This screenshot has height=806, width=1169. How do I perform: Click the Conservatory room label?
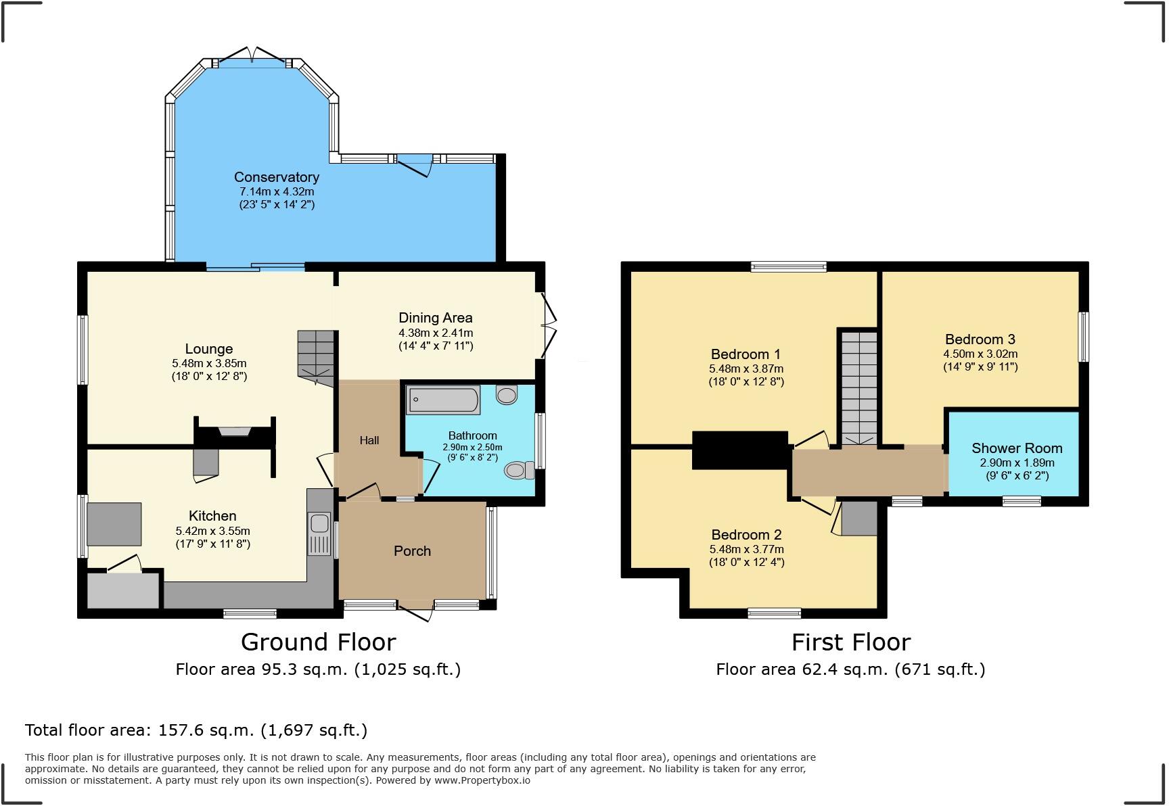pos(276,177)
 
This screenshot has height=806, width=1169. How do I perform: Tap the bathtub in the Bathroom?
pos(443,400)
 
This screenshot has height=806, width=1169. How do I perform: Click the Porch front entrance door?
pos(415,608)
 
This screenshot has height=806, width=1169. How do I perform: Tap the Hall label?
pos(369,440)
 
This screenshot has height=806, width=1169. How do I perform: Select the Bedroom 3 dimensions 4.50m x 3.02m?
pos(980,354)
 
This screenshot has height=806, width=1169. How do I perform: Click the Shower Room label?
pos(1016,448)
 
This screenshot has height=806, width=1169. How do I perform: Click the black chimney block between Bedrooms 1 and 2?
pos(740,450)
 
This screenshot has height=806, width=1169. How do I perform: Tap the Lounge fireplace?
pos(234,432)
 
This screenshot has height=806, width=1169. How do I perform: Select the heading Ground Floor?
pos(318,642)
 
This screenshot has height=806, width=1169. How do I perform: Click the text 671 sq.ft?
pos(939,669)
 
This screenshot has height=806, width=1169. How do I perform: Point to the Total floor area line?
pos(196,730)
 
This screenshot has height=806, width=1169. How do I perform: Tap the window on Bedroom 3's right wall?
pos(1083,336)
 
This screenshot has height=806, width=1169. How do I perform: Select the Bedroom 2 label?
pos(746,535)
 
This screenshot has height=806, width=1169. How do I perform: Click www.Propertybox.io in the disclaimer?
pos(482,780)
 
